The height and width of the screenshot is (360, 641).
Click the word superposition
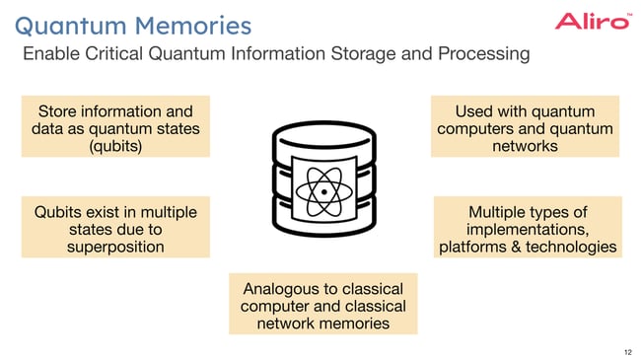pos(115,247)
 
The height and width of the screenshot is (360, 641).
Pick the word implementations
pos(528,229)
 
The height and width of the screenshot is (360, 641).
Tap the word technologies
pos(573,247)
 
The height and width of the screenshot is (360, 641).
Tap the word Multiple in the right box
pos(500,212)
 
